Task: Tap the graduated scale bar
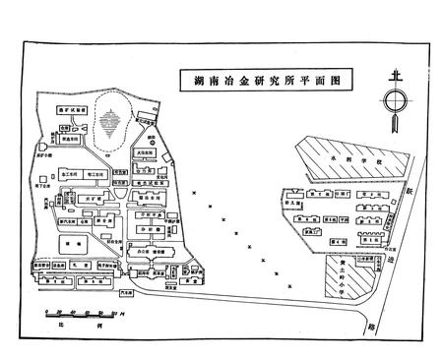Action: pyautogui.click(x=80, y=313)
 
